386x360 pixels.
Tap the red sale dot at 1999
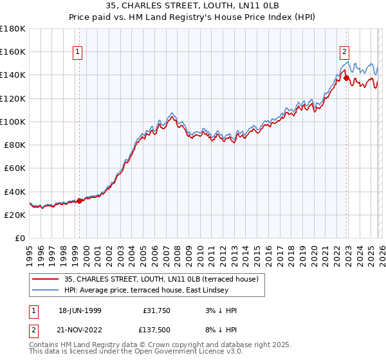pos(80,201)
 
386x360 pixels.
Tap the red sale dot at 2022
pos(346,78)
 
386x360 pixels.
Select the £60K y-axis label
pos(14,168)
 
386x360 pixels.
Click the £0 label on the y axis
pos(20,238)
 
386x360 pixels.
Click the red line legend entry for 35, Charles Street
pos(161,279)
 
